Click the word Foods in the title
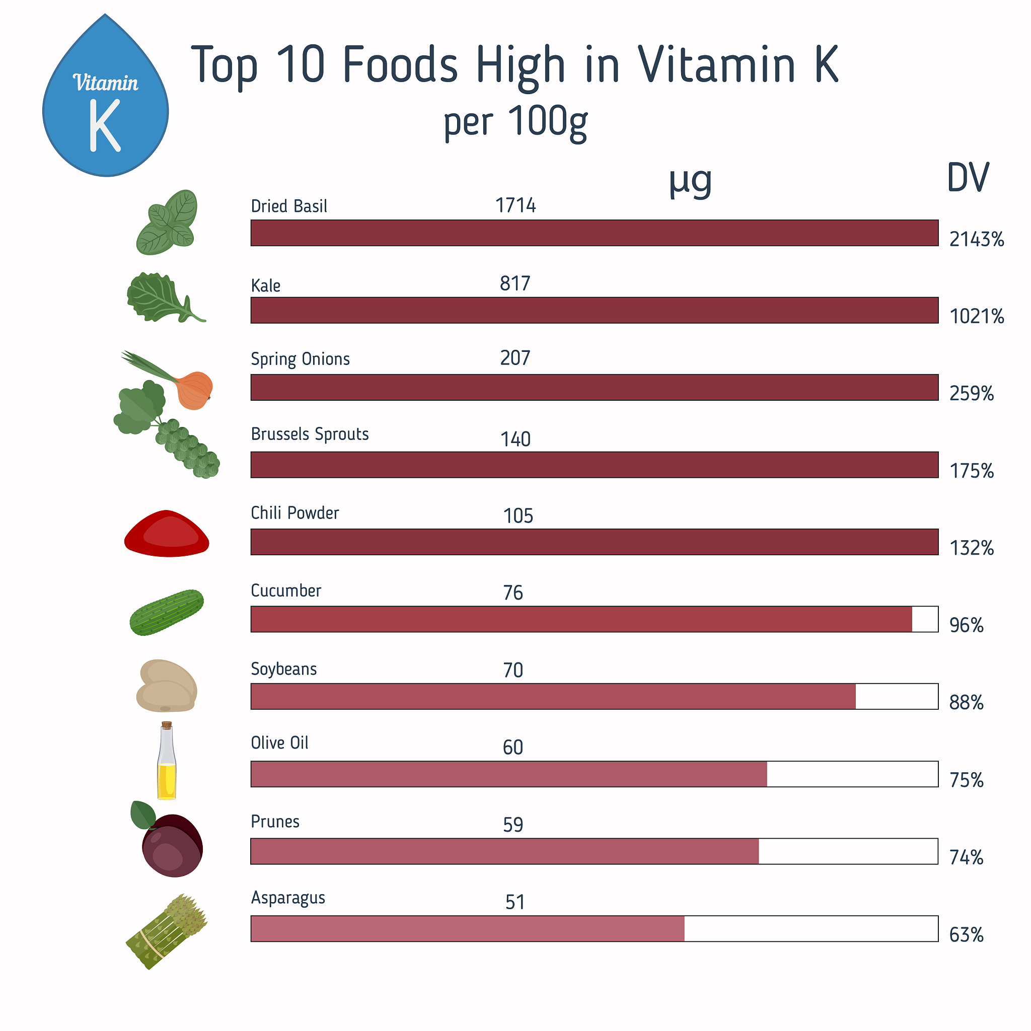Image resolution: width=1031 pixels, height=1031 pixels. (400, 65)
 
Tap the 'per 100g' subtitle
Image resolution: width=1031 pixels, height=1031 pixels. (515, 122)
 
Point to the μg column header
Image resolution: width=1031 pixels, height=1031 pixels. (690, 181)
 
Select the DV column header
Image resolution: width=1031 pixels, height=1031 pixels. (968, 178)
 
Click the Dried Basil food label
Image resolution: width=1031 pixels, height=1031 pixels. (288, 206)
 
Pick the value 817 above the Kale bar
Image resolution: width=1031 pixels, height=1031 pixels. (515, 284)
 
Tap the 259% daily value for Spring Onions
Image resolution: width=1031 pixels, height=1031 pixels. (971, 394)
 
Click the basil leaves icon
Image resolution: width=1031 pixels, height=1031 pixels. (168, 222)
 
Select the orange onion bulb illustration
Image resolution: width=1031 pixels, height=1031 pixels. (194, 390)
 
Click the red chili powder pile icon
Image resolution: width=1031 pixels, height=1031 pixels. (167, 534)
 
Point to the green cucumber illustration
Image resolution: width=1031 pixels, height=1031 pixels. (167, 612)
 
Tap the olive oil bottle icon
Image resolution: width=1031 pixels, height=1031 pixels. (167, 761)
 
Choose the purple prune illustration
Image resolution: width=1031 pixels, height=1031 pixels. (172, 844)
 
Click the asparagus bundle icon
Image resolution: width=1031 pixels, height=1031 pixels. (167, 931)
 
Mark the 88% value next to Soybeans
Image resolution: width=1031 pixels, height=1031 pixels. (966, 703)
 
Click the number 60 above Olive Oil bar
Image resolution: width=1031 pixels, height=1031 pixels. (513, 748)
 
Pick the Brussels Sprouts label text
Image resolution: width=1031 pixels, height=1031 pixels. (310, 434)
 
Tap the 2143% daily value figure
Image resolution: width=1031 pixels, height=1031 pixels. (976, 240)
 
